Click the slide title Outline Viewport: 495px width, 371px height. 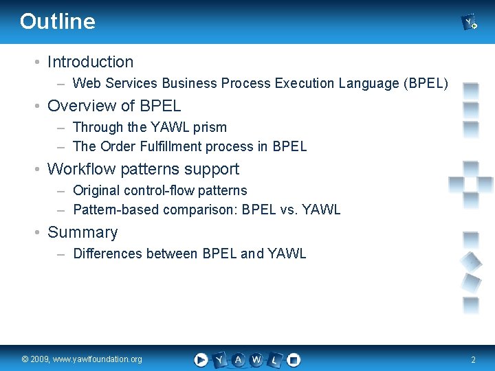[58, 21]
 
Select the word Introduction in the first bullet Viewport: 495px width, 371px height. [90, 62]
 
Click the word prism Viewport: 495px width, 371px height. [210, 127]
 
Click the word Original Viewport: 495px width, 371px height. [96, 190]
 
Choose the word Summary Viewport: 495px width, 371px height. [82, 232]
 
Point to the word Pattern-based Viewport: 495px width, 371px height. [116, 210]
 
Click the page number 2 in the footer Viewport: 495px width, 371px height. [473, 359]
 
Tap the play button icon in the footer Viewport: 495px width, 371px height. [201, 359]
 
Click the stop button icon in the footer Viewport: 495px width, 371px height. [294, 359]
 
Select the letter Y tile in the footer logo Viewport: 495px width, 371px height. [219, 359]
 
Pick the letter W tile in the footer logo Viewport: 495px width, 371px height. [256, 359]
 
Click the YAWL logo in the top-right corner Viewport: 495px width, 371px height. [470, 23]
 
